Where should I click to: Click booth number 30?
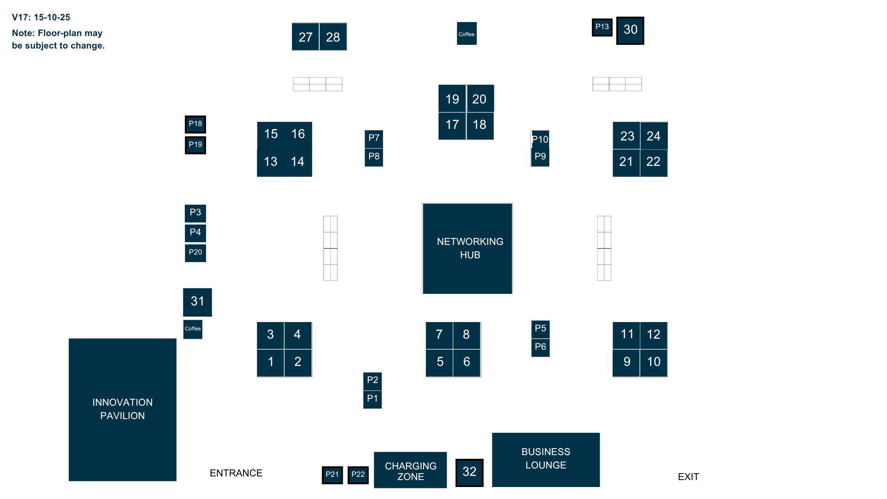[630, 30]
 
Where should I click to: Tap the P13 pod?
[602, 27]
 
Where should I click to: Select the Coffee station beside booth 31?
[193, 329]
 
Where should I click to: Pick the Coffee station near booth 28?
[467, 34]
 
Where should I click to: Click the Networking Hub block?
[467, 248]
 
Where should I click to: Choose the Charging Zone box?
[410, 470]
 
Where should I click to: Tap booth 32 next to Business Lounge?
[469, 472]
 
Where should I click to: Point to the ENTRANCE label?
[236, 473]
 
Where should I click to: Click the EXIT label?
[688, 477]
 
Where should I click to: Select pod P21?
[332, 475]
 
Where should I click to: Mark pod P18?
[195, 124]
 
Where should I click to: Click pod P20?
[195, 253]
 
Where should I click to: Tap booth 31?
[198, 302]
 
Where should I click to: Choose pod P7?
[374, 139]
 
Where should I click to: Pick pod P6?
[541, 347]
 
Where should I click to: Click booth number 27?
[305, 37]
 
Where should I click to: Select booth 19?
[452, 99]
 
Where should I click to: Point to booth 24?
[654, 136]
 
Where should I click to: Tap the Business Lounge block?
[546, 459]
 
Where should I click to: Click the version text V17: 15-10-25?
[41, 18]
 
